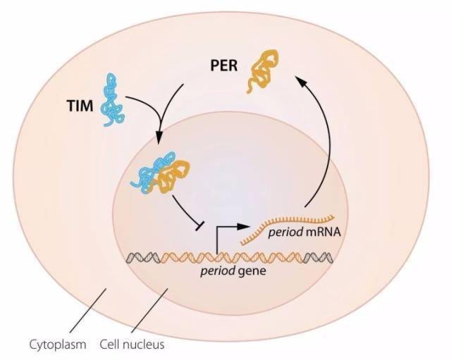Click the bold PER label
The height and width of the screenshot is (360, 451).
click(224, 66)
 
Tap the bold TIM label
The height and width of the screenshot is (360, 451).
click(80, 106)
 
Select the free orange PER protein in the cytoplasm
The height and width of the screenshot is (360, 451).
click(262, 70)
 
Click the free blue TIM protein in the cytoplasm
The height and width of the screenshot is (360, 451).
click(111, 99)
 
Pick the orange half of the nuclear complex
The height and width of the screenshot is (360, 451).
click(173, 177)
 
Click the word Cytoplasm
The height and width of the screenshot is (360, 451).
click(58, 345)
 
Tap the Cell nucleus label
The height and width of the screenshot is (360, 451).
click(132, 344)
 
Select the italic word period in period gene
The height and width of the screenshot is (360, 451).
click(218, 271)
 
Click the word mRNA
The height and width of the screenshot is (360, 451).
click(323, 232)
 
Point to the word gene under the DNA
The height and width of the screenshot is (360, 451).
click(252, 271)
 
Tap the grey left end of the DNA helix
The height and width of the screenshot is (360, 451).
click(143, 257)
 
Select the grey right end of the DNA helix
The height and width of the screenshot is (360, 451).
click(318, 257)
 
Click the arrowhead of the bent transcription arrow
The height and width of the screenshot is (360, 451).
click(243, 226)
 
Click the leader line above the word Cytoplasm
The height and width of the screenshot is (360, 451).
click(87, 311)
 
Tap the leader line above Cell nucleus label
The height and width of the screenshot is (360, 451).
click(150, 311)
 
